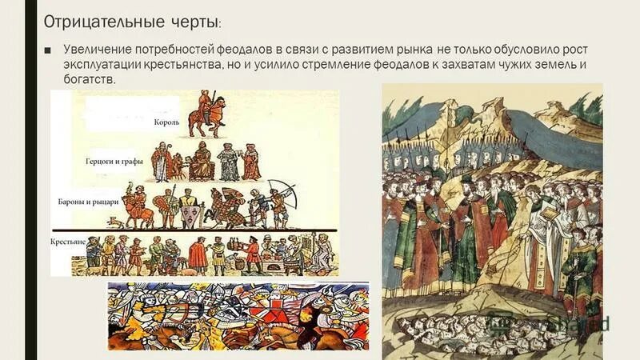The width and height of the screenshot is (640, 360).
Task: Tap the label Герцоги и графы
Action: tap(114, 162)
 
